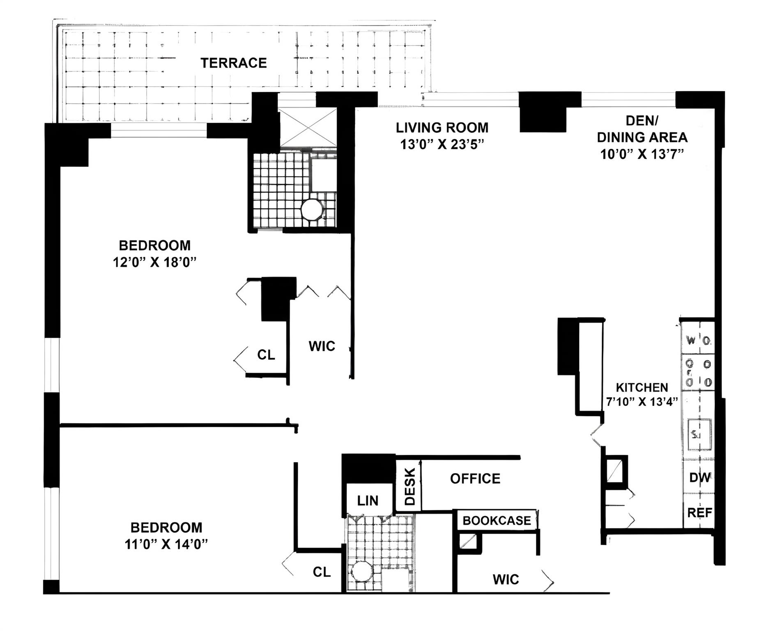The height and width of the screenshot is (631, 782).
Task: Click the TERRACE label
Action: pos(233,63)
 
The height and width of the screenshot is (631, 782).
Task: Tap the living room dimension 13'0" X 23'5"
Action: pos(442,145)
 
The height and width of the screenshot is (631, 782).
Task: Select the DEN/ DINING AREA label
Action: pos(642,129)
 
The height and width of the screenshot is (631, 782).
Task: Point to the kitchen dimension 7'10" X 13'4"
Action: pos(642,402)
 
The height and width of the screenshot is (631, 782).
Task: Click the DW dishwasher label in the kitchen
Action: pos(699,478)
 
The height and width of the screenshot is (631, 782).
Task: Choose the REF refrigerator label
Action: pos(699,513)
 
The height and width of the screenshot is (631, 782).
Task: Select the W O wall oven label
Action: pos(698,341)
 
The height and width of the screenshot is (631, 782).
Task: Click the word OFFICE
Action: pos(475,479)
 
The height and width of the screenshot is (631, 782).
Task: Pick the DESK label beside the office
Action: pos(410,487)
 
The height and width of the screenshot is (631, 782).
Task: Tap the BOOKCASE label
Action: pos(497,521)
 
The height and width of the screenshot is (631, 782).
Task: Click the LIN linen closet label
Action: pos(368,501)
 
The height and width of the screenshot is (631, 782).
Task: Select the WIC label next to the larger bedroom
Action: pos(322,346)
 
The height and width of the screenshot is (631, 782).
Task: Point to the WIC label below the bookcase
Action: pos(506,580)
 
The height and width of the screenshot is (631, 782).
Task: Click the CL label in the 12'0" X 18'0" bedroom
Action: pos(266,355)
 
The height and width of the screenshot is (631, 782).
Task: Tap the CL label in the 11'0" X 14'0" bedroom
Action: pos(321,572)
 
